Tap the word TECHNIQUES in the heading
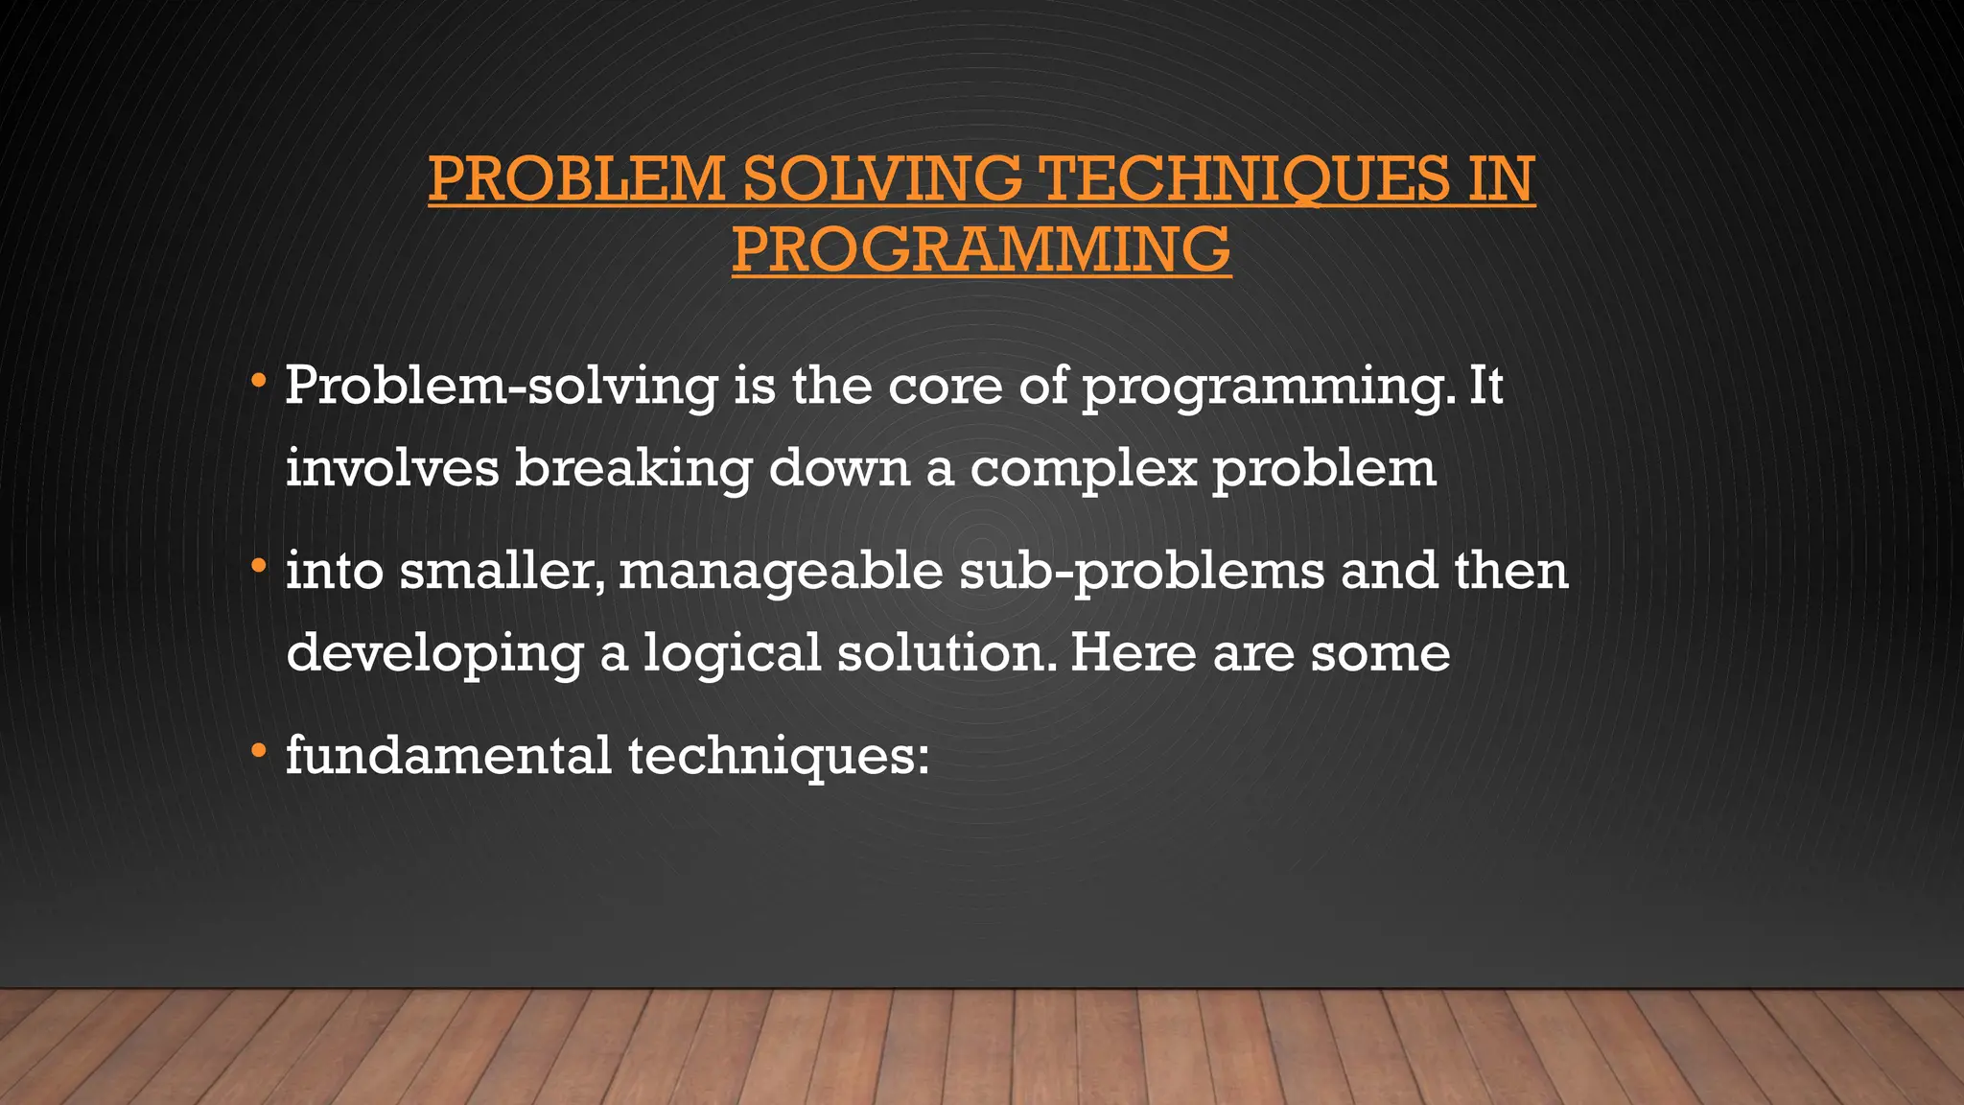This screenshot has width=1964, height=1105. point(1245,179)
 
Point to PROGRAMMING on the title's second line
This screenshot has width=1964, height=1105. point(981,249)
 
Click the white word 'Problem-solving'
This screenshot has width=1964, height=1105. point(501,387)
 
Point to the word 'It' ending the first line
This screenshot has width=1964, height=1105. point(1485,387)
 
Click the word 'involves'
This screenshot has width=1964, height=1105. point(392,469)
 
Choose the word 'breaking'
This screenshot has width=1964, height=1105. point(633,469)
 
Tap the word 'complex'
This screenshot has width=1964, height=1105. point(1084,469)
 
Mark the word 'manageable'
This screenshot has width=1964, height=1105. point(781,573)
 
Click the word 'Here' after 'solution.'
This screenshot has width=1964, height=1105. point(1134,653)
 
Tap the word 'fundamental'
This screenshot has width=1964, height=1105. point(449,755)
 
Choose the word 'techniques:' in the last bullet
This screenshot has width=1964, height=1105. point(779,755)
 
